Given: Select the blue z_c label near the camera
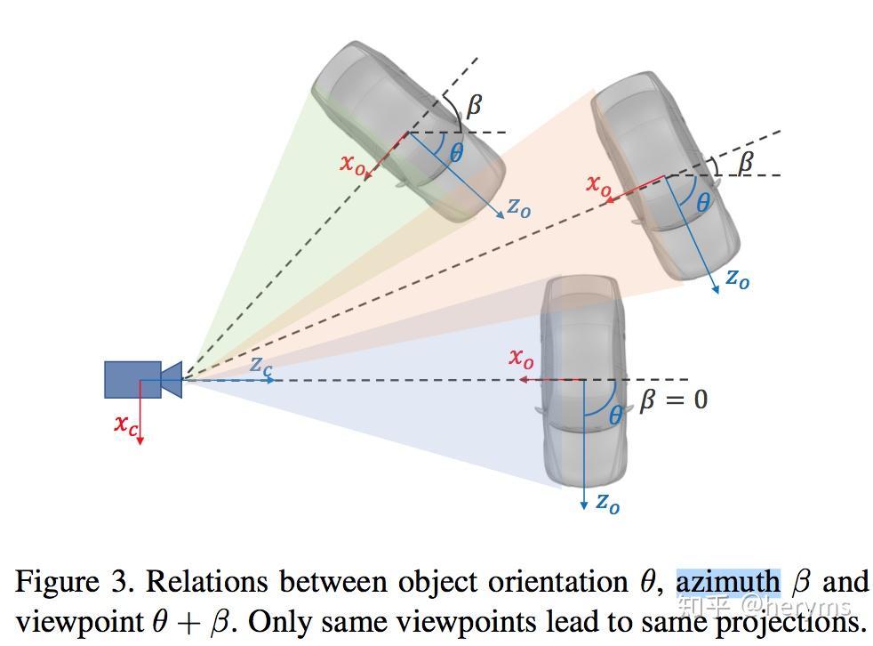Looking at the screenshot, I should coord(260,364).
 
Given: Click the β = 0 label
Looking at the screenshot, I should coord(674,400).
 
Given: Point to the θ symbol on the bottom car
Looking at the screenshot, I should coord(616,414).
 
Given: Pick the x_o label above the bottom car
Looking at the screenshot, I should coord(521,359).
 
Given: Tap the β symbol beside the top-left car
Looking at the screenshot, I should coord(474,105).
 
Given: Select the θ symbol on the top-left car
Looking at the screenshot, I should coord(456,153).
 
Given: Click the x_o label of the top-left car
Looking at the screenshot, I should coord(352,164).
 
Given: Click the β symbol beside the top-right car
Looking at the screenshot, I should coord(746,161).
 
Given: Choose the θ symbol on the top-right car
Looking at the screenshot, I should coord(703,203).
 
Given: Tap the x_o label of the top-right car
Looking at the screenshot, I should coord(598,184).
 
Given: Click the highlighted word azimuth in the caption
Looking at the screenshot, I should coord(727,582).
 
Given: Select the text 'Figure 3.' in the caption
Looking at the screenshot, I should coord(76,582).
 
